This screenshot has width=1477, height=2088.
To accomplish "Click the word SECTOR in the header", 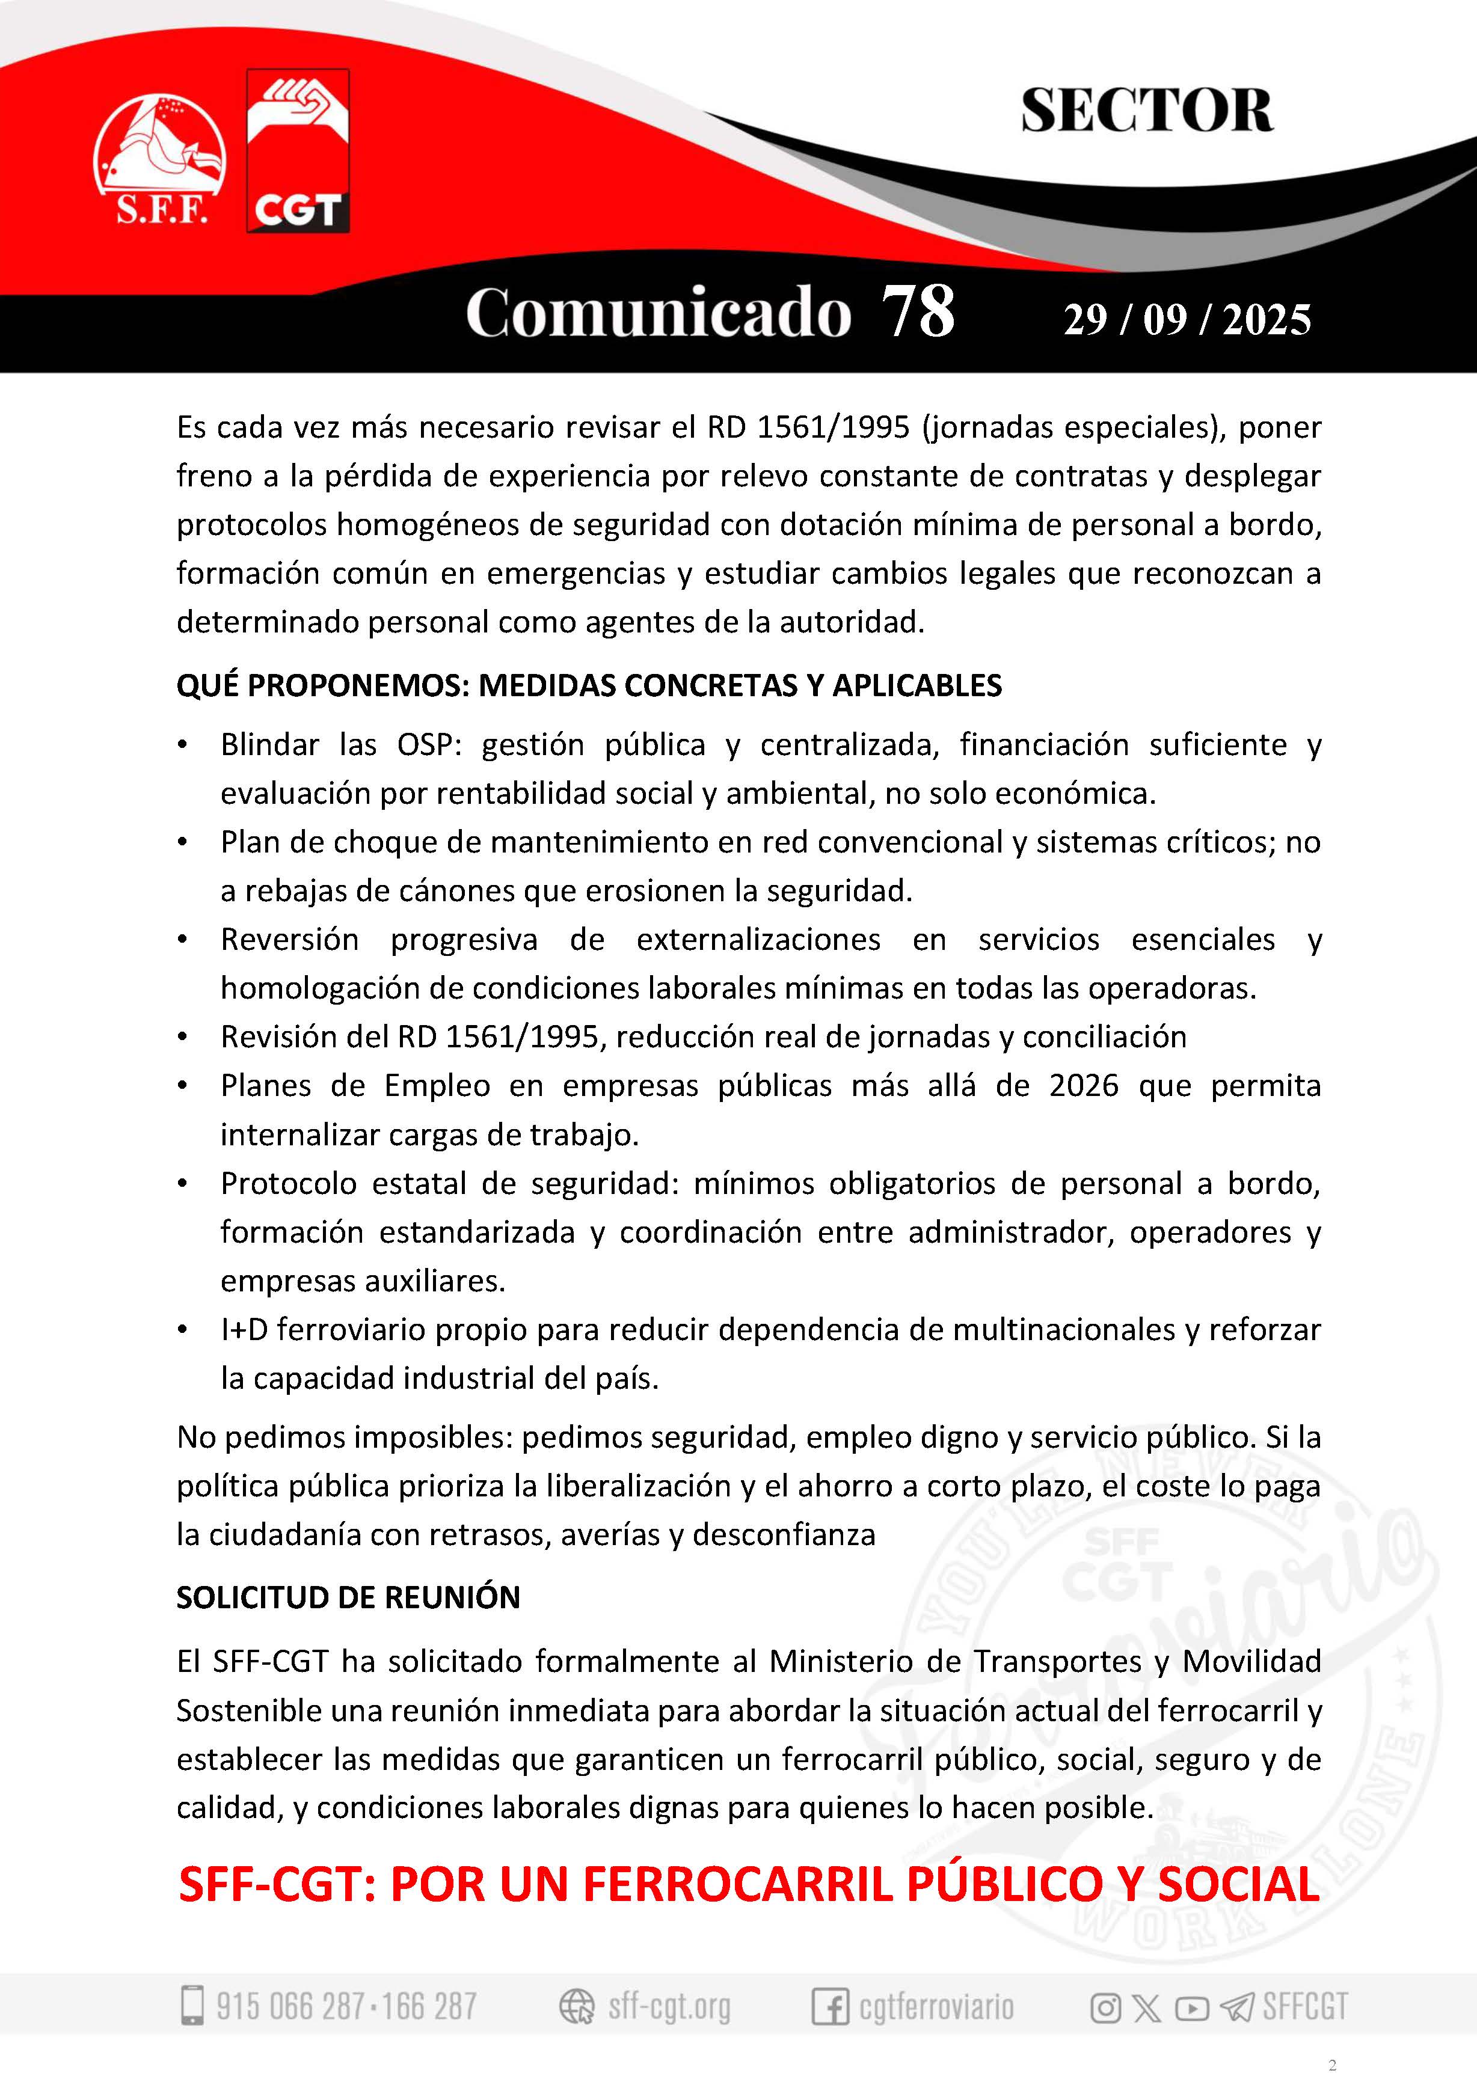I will click(x=1146, y=112).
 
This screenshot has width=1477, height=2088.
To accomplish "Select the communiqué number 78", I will click(x=918, y=312).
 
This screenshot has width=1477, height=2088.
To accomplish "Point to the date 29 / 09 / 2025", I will click(x=1187, y=320).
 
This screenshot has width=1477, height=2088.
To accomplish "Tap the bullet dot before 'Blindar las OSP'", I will click(x=183, y=745).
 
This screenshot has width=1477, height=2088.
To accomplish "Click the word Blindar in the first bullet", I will click(x=269, y=745).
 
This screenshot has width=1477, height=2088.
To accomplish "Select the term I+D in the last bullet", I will click(x=244, y=1329).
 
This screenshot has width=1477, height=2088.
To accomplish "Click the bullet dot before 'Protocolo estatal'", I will click(x=183, y=1184).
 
